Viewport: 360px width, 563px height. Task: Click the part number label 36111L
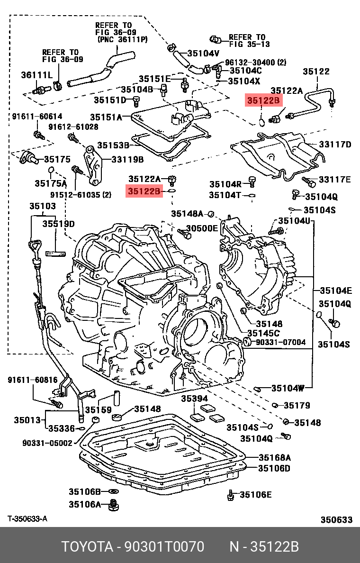tap(36, 74)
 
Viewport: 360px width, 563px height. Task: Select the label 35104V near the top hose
tap(204, 53)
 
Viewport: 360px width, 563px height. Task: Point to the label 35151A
tap(106, 117)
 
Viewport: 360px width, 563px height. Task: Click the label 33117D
tap(334, 144)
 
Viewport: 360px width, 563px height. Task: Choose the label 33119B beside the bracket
tap(127, 160)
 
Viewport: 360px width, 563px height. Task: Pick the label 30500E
tap(201, 228)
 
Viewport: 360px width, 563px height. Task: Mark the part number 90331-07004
tap(281, 342)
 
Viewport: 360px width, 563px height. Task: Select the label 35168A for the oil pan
tap(275, 457)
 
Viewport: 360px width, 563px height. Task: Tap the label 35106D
tap(275, 468)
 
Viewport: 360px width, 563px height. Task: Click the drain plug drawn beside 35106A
tap(113, 505)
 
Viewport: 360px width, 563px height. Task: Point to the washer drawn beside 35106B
tap(114, 491)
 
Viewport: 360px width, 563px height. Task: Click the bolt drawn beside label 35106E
tap(230, 495)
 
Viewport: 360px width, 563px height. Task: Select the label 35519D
tap(59, 223)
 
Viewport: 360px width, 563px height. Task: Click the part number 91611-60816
tap(32, 380)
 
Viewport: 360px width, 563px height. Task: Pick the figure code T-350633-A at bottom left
tap(27, 519)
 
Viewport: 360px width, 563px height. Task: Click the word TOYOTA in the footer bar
tap(86, 547)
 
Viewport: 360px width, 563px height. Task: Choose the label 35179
tap(297, 405)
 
